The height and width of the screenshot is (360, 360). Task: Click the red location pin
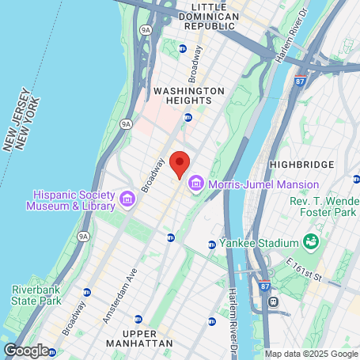[x=180, y=165]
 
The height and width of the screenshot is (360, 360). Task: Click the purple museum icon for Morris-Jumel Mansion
[x=195, y=184]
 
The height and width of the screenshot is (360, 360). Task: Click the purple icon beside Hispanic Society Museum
[x=127, y=196]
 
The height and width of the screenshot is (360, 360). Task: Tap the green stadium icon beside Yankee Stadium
[x=311, y=241]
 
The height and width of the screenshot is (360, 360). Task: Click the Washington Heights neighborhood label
[x=183, y=96]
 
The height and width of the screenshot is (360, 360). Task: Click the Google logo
[x=26, y=349]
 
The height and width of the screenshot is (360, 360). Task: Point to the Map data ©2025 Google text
[x=311, y=354]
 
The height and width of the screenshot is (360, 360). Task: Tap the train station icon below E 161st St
[x=274, y=301]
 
